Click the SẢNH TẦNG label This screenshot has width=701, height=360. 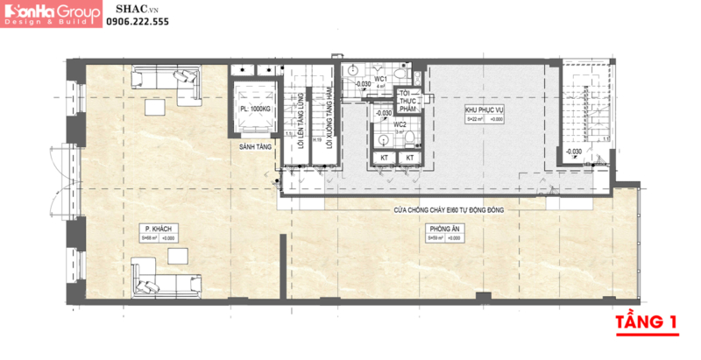point(252,149)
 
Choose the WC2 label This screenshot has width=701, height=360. point(399,124)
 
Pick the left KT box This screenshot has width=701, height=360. point(384,158)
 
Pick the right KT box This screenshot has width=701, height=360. point(409,158)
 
